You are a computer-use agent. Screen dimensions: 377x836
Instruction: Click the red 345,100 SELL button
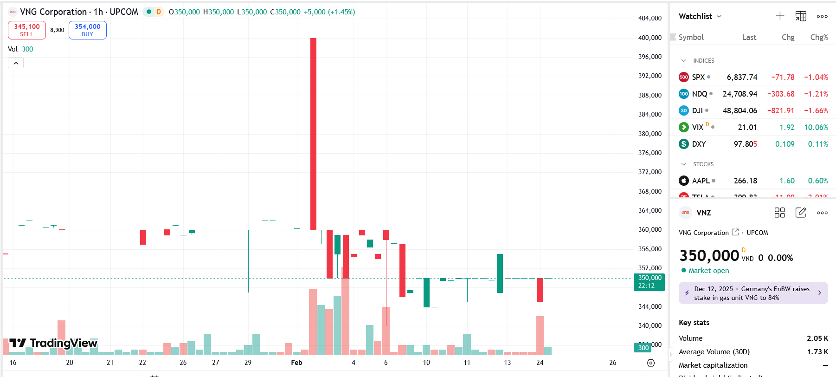pos(27,30)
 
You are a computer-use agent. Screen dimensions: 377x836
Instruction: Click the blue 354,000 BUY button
pos(88,30)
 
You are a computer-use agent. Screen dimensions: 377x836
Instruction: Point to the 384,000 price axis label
pos(650,114)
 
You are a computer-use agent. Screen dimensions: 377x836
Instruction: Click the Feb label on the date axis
pos(296,363)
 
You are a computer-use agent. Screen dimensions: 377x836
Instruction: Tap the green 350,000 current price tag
pos(649,282)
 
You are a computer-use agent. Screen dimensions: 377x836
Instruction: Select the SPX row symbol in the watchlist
pos(698,77)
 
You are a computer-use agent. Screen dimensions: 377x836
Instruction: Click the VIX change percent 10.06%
pos(816,127)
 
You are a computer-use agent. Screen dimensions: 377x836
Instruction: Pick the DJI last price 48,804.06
pos(740,110)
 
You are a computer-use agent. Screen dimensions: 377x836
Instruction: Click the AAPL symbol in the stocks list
pos(701,181)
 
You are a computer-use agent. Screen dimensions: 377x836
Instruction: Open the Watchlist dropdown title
pos(700,16)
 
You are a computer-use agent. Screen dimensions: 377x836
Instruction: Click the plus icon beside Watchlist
pos(780,16)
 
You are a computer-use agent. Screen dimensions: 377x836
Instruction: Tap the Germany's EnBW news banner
pos(752,293)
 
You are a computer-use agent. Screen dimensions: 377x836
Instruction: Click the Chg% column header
pos(819,37)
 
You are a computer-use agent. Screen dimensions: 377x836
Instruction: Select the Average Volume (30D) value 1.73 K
pos(817,352)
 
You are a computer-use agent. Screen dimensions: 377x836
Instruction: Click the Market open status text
pos(708,271)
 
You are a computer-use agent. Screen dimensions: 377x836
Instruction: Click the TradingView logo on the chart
pos(53,343)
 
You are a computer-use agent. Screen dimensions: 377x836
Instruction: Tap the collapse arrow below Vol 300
pos(16,63)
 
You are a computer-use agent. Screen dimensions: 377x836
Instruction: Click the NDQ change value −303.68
pos(781,94)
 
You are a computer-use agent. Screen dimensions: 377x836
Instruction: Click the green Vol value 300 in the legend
pos(27,49)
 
